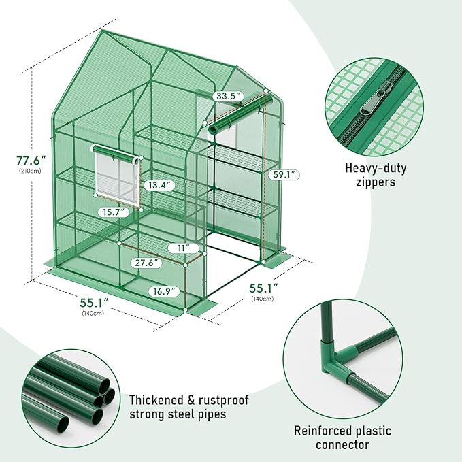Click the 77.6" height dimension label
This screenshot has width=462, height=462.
31,160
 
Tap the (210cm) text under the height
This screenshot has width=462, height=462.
31,171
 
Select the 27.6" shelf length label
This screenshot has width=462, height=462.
146,262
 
